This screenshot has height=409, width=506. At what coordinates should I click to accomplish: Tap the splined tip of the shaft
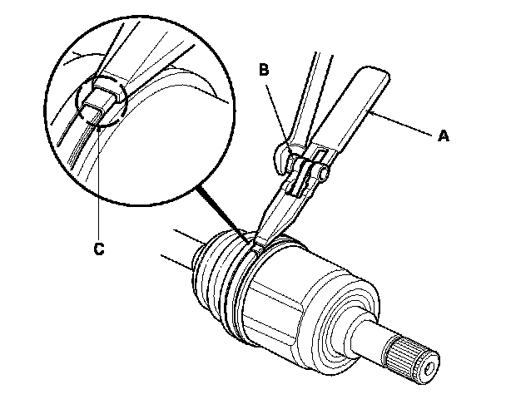(414, 356)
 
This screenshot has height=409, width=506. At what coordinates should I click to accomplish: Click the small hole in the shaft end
(431, 362)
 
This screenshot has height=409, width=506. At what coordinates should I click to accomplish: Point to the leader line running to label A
(408, 124)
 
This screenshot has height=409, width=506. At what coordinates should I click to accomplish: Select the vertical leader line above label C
(98, 183)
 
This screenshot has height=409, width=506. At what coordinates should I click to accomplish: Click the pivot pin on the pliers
(321, 174)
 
